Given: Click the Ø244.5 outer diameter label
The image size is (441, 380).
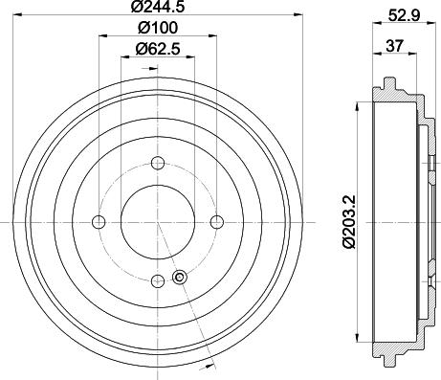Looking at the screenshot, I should tap(158, 10).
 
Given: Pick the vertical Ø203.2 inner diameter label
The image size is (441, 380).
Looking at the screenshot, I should tap(353, 223).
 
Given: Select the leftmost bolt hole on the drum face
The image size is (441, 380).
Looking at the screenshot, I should tap(98, 222).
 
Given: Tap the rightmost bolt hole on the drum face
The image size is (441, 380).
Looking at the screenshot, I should tap(216, 222).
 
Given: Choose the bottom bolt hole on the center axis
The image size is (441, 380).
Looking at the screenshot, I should tap(157, 280).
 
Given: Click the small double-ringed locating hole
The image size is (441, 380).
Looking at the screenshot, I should tap(178, 279).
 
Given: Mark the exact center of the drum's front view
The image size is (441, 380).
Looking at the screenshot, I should tap(157, 222).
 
